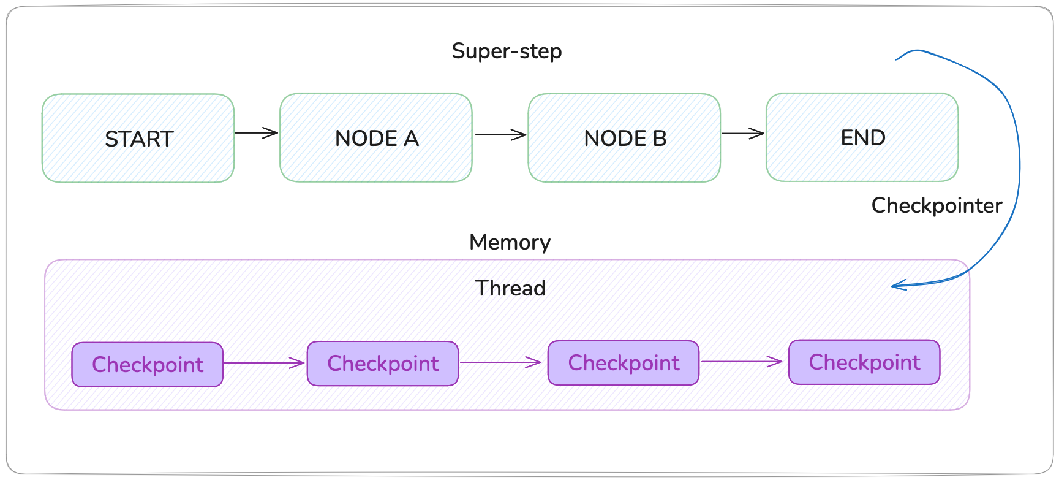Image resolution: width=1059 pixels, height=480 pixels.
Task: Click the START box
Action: (138, 139)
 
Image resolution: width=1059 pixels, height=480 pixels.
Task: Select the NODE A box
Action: (375, 138)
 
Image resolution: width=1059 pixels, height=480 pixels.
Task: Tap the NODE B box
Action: (624, 138)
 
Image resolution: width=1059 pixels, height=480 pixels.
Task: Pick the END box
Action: (862, 137)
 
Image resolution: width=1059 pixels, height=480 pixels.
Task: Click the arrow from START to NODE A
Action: (257, 132)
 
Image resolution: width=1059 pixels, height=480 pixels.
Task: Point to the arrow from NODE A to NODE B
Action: (500, 135)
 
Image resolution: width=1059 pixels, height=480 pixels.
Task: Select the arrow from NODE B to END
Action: (742, 133)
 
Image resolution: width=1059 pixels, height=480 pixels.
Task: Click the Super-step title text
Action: (507, 51)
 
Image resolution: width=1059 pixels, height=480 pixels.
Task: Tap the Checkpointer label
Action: (936, 205)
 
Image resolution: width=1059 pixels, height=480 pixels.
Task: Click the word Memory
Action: (510, 243)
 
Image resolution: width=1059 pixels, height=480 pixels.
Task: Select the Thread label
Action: (510, 288)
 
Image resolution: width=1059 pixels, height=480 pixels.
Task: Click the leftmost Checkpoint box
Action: (148, 365)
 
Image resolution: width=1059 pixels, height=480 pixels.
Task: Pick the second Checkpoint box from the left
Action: (383, 364)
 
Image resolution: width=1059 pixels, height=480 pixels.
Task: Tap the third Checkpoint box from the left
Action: (624, 363)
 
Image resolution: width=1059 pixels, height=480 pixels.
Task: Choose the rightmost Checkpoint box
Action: (864, 362)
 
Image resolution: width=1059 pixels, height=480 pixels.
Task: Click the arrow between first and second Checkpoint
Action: (265, 363)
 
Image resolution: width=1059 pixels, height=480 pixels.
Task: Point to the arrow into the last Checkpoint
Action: (742, 362)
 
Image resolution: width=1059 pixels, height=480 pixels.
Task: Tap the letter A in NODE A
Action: (411, 139)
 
